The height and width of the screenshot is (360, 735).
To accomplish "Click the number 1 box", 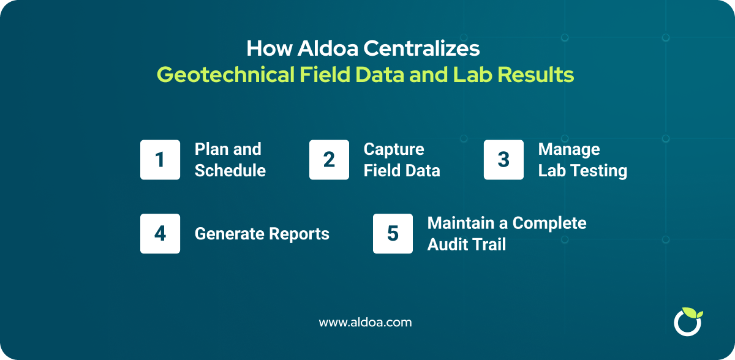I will tap(160, 160).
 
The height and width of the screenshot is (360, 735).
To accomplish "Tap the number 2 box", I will tap(329, 160).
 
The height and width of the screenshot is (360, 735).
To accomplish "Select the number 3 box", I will tap(503, 160).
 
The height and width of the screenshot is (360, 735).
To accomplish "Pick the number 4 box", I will tap(160, 233).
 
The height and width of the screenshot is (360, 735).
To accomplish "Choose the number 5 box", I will tap(393, 233).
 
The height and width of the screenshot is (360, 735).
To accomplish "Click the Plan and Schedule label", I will tap(230, 160).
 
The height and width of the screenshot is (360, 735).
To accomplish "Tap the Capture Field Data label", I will tap(402, 160).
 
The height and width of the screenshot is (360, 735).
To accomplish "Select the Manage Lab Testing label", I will tap(582, 160).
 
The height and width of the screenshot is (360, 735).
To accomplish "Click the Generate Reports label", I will tap(262, 233).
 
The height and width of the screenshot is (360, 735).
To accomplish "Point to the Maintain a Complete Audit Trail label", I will tap(507, 233).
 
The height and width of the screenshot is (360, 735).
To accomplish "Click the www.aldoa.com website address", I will tap(366, 322).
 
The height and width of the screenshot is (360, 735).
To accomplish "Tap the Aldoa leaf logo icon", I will tap(687, 321).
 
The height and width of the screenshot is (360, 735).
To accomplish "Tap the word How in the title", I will tap(265, 48).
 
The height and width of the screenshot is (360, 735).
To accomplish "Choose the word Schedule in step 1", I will tap(230, 171).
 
